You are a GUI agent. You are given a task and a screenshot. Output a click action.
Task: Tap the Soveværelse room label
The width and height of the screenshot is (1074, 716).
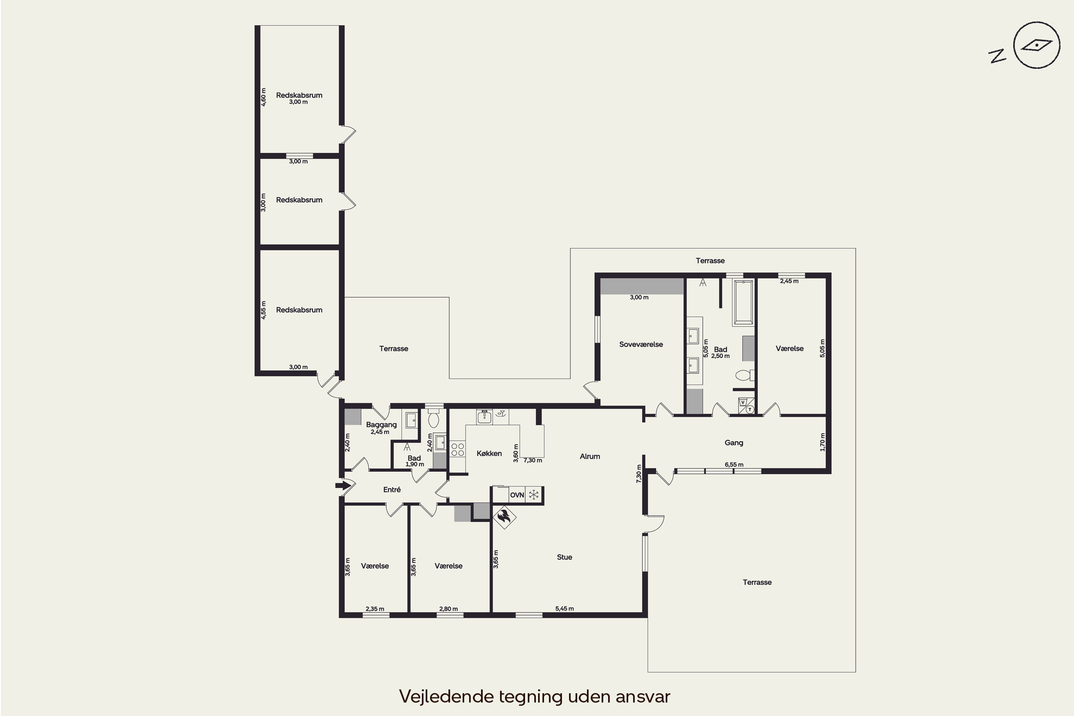click(x=641, y=344)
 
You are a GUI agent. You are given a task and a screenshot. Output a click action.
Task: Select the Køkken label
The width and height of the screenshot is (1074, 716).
click(x=489, y=454)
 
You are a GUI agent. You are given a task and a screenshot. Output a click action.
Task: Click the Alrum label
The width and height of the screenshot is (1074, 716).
click(x=590, y=456)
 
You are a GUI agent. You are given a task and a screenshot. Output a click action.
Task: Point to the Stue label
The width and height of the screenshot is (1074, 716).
click(x=565, y=557)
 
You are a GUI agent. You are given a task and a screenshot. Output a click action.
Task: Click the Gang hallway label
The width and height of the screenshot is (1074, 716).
click(x=734, y=442)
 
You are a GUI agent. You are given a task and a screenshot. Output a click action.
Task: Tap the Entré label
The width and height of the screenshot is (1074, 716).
click(x=392, y=489)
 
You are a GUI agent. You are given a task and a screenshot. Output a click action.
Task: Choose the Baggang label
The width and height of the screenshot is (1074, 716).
click(x=381, y=425)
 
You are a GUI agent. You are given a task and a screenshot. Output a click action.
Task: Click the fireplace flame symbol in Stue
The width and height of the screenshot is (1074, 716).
click(x=504, y=517)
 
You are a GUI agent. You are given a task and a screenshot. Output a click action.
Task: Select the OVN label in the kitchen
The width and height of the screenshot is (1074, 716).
click(x=517, y=495)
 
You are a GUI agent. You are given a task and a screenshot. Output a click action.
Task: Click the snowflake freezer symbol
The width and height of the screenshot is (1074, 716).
click(x=533, y=494)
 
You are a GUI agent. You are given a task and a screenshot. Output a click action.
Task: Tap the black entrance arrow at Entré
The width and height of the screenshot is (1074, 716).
click(x=343, y=485)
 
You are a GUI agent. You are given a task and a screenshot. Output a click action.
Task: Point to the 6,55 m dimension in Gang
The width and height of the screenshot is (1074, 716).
click(x=734, y=465)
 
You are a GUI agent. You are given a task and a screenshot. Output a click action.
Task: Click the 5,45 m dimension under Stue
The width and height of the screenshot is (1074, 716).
click(x=565, y=609)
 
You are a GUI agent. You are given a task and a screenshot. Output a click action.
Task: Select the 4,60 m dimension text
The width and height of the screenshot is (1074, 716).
click(x=263, y=97)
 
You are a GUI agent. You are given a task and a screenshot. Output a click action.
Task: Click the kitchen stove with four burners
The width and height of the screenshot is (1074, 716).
click(x=458, y=449)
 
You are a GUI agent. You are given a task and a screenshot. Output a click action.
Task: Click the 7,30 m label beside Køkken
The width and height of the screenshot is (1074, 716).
click(x=532, y=460)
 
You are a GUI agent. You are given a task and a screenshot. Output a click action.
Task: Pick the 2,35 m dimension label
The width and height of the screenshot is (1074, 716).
click(x=375, y=609)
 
